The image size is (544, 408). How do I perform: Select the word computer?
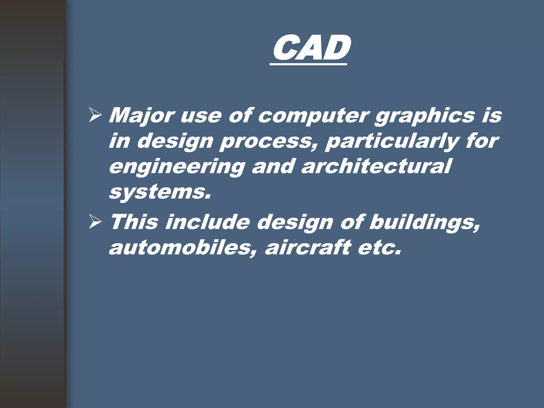click(313, 116)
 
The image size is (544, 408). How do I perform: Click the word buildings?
click(424, 223)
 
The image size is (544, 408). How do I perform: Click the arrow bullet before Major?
click(95, 116)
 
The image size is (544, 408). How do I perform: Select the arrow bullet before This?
click(95, 222)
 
